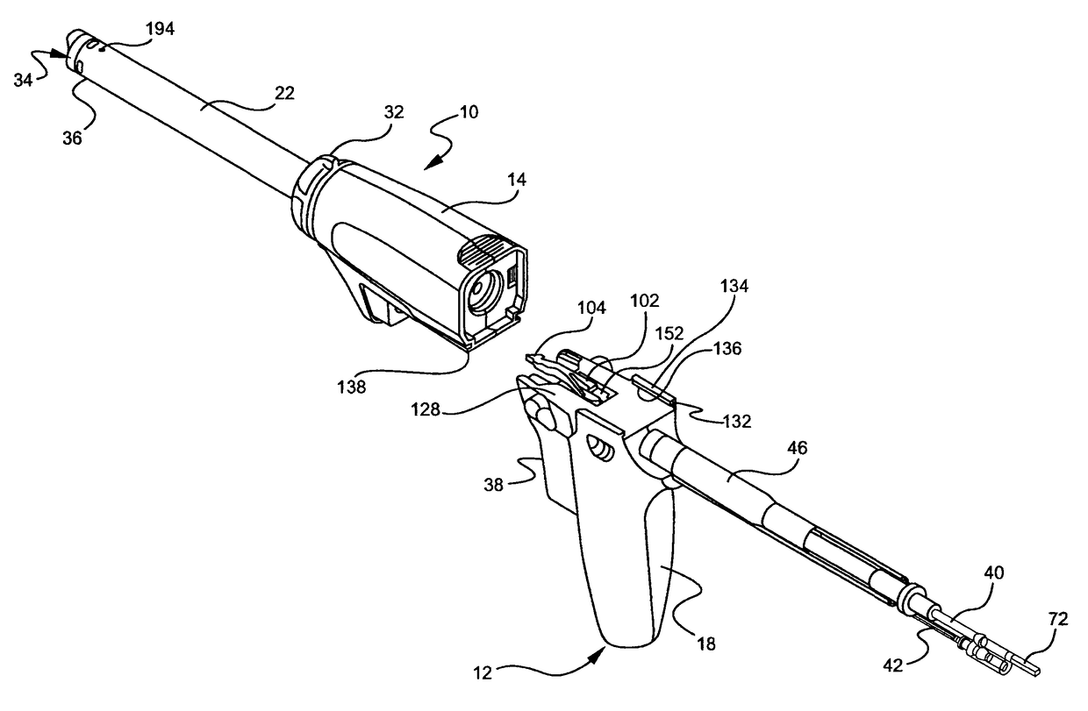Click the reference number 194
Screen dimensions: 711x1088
(160, 29)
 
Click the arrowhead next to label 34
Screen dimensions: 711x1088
(58, 54)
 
